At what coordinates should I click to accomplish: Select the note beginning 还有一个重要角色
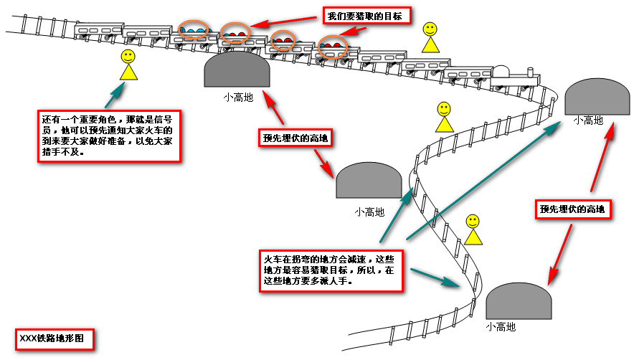click(x=108, y=136)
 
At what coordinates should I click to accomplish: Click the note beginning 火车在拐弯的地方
click(x=330, y=270)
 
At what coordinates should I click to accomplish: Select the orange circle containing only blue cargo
click(x=193, y=30)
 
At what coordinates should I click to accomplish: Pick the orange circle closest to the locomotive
click(x=332, y=47)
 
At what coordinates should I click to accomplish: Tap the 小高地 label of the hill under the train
click(x=237, y=97)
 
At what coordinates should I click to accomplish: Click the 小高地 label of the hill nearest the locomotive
click(x=587, y=120)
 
